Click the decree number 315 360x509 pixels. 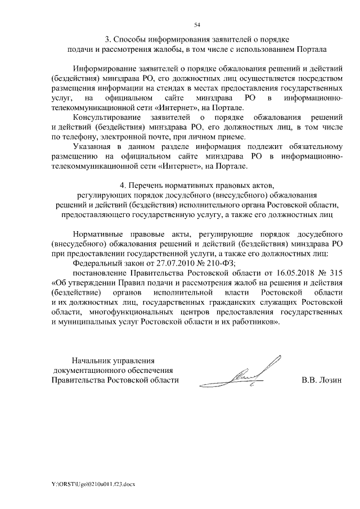click(336, 273)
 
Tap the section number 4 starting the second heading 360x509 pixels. click(123, 184)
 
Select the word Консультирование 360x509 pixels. click(108, 118)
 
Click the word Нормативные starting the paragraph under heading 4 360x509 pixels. click(98, 232)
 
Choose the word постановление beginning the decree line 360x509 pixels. click(100, 273)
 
